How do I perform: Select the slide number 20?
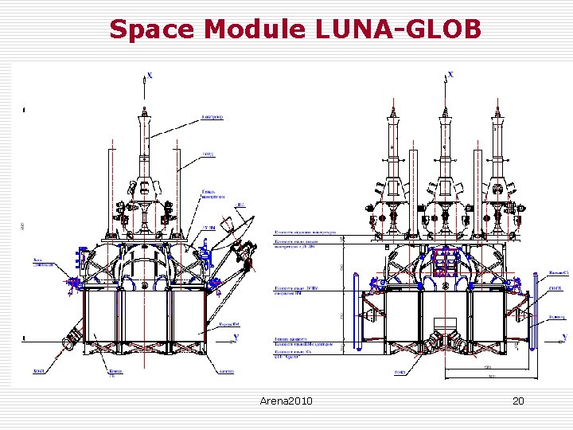tap(518, 401)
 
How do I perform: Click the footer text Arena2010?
tap(286, 401)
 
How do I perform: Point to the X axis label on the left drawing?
tap(150, 76)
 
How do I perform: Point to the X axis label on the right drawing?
tap(451, 74)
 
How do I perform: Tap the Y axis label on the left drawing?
tap(236, 338)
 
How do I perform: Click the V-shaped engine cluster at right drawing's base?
tap(444, 338)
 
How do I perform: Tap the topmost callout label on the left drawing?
tap(212, 117)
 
